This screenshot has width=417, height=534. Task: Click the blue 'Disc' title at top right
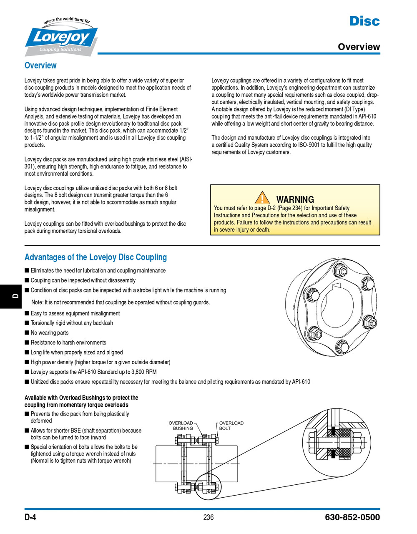click(364, 21)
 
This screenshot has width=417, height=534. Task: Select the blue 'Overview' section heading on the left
click(40, 65)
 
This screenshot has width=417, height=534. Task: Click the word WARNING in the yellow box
click(295, 199)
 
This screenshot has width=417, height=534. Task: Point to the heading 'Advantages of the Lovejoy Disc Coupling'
click(95, 257)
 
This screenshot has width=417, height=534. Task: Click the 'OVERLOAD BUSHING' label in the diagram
click(181, 426)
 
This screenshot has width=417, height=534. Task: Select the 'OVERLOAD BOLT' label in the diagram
click(231, 426)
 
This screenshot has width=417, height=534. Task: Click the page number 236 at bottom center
click(208, 517)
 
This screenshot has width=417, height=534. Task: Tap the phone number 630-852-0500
click(352, 517)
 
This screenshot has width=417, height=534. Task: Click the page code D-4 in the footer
click(30, 517)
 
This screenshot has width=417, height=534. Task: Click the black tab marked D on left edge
click(12, 296)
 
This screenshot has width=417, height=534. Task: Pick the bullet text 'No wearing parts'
click(49, 332)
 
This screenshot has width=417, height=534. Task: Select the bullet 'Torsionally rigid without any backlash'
click(71, 323)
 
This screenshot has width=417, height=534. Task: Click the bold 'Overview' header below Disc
click(359, 47)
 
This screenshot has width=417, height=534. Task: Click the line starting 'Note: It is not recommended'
click(121, 302)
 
